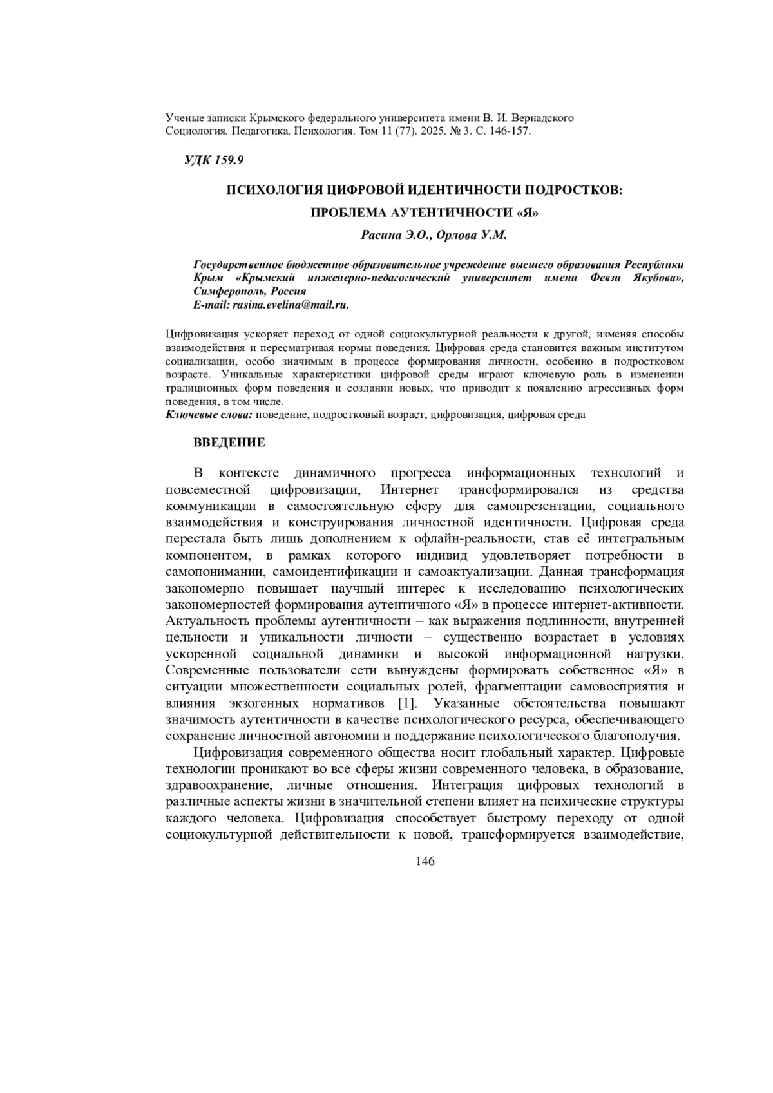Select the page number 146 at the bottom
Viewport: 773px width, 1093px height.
tap(426, 861)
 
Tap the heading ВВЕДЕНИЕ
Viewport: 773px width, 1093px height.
tap(229, 442)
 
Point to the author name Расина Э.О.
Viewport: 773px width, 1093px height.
tap(395, 236)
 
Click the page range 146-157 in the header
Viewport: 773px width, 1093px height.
tap(504, 131)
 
